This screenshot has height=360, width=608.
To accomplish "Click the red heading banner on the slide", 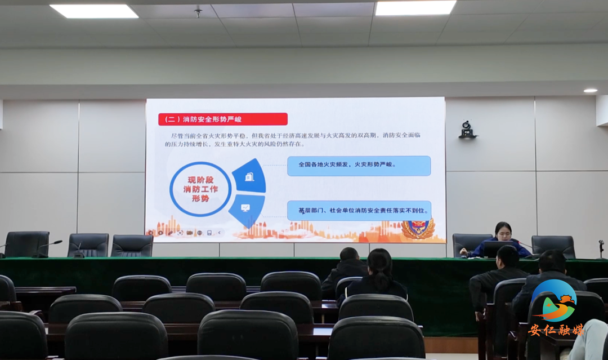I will (x=223, y=119).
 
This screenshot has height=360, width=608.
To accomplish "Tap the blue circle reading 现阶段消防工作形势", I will (x=200, y=189).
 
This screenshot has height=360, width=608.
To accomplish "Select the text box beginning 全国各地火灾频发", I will (x=359, y=165).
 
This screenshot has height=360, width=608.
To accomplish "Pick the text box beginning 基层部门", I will (x=359, y=211).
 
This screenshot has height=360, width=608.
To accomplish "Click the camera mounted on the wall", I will (x=467, y=130).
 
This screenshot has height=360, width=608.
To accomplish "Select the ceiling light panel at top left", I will (x=93, y=11).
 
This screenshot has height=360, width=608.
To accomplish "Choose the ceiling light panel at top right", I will (x=415, y=7).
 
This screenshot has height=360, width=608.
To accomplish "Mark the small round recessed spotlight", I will (x=590, y=90).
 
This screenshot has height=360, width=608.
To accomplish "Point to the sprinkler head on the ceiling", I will (x=198, y=11).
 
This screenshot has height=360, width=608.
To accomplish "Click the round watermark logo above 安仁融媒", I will (x=555, y=301).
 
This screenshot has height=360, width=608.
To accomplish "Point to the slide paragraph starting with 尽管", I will (x=293, y=140).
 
